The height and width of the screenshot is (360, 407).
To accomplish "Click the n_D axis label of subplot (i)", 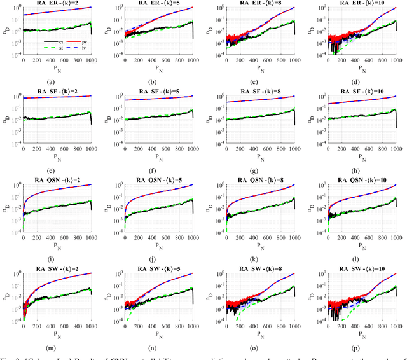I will (x=10, y=207).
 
